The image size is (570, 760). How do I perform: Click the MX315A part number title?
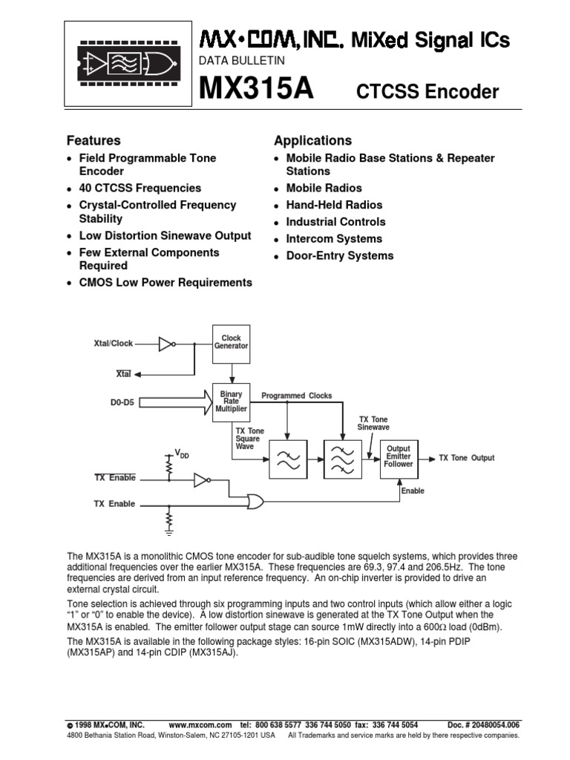point(255,91)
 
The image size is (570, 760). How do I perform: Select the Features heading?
point(94,140)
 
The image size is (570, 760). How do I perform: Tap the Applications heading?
point(312,140)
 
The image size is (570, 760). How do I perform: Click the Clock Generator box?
point(231,343)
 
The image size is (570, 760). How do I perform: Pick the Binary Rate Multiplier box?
point(231,402)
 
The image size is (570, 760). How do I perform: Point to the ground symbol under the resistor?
point(169,531)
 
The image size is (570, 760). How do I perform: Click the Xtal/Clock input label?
point(114,344)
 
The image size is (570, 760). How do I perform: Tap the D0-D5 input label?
point(122,404)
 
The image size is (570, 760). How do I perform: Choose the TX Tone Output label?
point(467,458)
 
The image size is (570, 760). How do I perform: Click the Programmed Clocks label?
point(297,396)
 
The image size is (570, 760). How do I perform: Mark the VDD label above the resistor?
point(182,453)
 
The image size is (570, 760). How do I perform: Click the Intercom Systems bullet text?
point(334,239)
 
